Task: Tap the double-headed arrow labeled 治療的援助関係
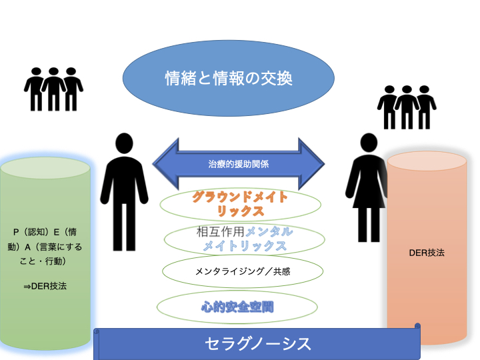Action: tap(238, 162)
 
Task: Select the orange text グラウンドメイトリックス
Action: tap(240, 204)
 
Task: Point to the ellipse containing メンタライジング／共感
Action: tap(243, 271)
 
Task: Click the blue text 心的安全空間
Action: tap(238, 307)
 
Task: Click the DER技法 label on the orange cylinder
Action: tap(426, 253)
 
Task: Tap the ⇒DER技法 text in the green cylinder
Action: tap(45, 286)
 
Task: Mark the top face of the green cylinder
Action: tap(45, 167)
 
